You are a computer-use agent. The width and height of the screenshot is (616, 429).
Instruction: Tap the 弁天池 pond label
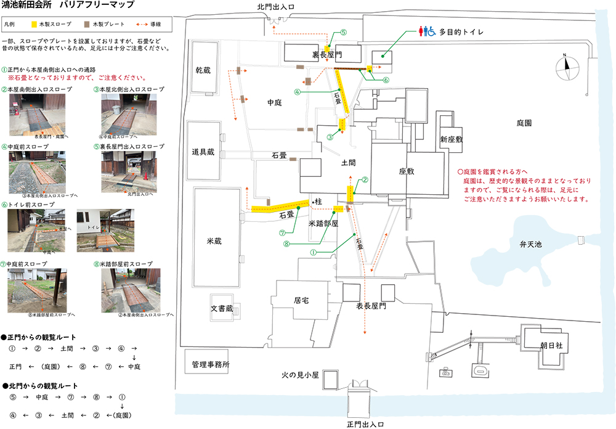[x=530, y=244]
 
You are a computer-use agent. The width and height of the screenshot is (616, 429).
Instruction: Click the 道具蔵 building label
[x=202, y=152]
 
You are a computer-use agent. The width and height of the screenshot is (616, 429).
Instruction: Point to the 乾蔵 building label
[x=203, y=71]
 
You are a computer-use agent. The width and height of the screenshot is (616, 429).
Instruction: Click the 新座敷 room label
[x=452, y=139]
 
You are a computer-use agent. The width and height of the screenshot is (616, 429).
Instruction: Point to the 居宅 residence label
[x=301, y=301]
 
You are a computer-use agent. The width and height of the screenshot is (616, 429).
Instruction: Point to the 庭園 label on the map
[x=524, y=123]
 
